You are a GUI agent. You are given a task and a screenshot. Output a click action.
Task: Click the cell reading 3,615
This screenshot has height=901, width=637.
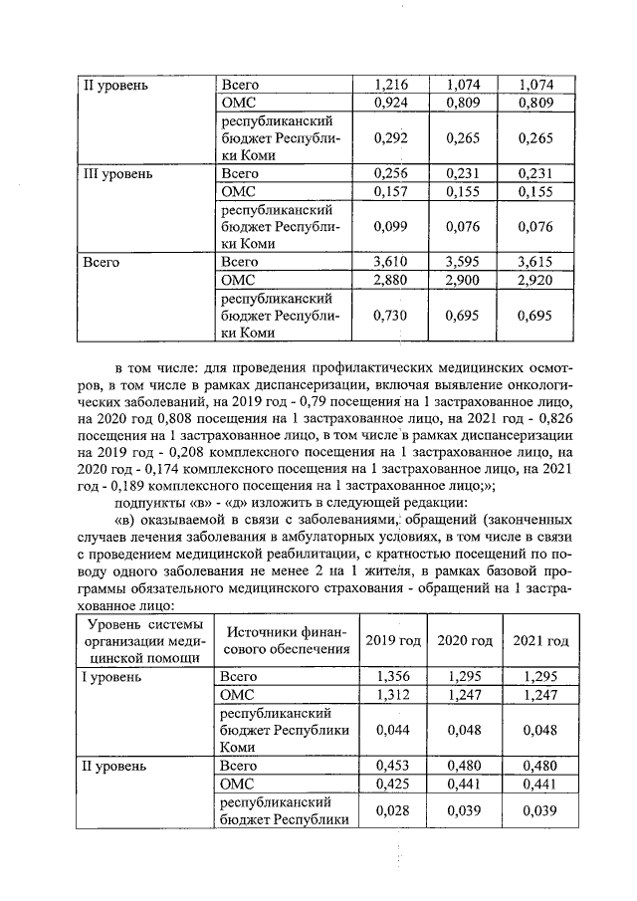(x=535, y=263)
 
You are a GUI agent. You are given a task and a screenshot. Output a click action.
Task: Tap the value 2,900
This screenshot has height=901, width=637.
(x=463, y=281)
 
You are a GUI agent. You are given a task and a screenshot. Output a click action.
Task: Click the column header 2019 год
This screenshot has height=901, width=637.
(x=393, y=640)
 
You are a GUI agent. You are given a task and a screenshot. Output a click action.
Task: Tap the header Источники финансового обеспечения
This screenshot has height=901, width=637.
(x=285, y=640)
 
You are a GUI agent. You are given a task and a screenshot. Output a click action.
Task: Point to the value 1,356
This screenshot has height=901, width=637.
(x=393, y=677)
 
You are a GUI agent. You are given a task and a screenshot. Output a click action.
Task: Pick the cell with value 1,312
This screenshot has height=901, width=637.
(x=393, y=694)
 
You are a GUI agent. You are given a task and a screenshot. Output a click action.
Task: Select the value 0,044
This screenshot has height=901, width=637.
(x=393, y=730)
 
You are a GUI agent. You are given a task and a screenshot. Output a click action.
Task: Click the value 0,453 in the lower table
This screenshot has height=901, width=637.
(x=393, y=766)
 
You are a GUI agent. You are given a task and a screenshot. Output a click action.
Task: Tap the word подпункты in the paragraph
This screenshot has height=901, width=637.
(x=150, y=502)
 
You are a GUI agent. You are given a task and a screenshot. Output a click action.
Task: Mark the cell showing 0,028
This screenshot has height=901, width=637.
(x=393, y=811)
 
